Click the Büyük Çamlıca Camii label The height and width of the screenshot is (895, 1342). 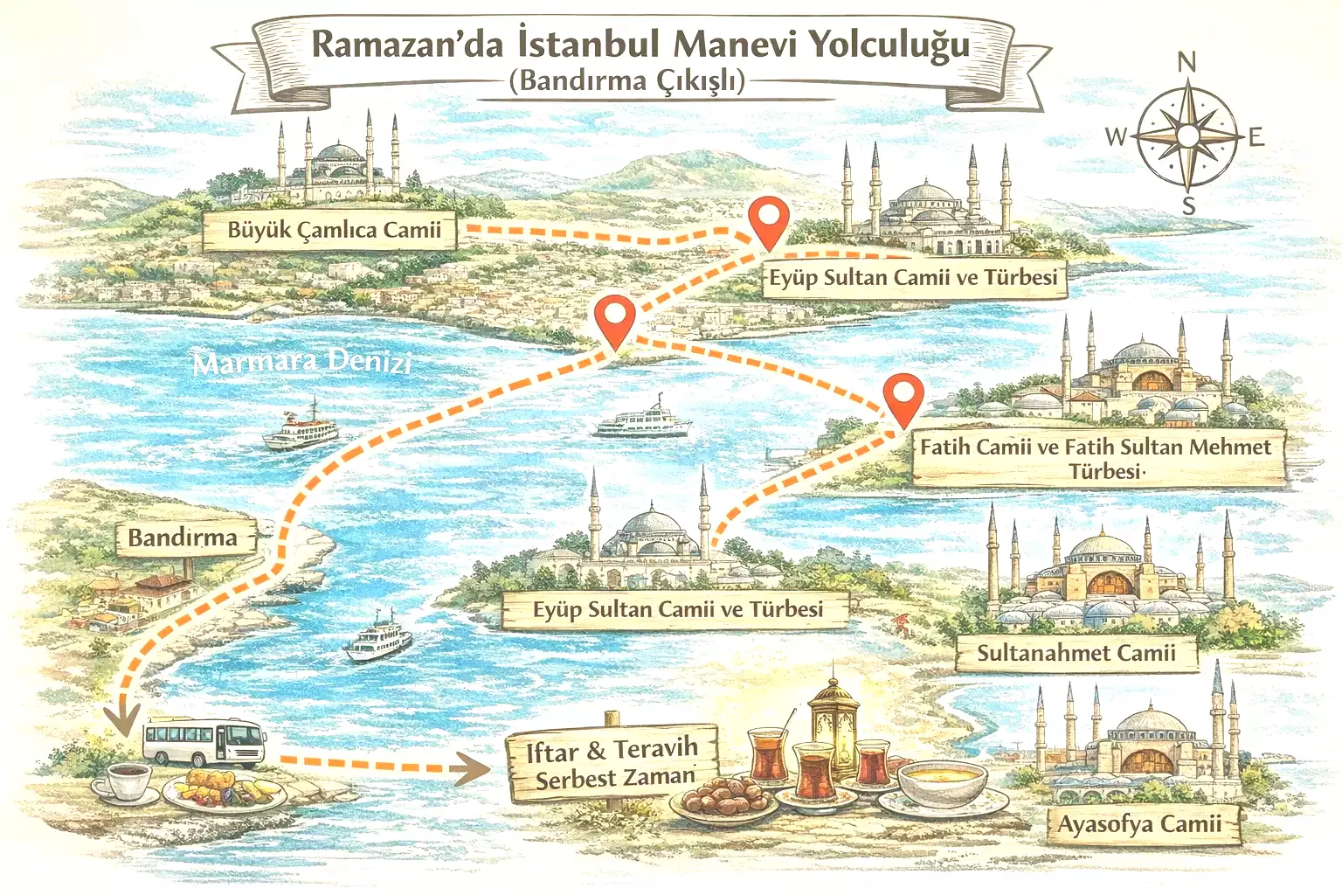point(333,231)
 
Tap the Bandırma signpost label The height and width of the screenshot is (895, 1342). point(183,537)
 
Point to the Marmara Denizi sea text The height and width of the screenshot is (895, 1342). point(301,361)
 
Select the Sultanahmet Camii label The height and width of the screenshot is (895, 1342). point(1076,653)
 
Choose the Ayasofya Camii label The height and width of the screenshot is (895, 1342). point(1139,824)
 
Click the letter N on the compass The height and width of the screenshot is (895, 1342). point(1186,62)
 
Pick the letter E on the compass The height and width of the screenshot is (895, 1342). point(1256,137)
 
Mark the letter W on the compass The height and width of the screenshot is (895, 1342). point(1116,137)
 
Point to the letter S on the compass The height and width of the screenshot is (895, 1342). point(1188,207)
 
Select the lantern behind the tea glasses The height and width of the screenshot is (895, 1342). point(831,726)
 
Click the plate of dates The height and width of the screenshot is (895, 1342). point(720,798)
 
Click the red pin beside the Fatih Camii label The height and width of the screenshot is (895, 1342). point(903,398)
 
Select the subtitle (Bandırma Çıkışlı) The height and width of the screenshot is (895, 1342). point(626,80)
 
